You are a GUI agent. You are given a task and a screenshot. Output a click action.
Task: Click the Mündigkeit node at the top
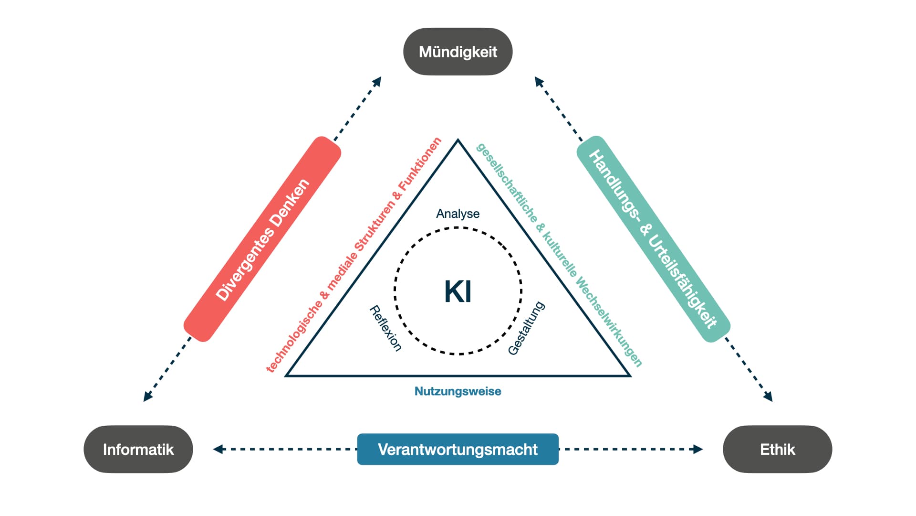[458, 52]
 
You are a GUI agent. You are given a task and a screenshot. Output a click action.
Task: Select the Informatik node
[138, 449]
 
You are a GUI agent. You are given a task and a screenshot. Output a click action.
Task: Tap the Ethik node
[777, 449]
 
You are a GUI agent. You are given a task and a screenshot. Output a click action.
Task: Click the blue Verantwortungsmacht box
[458, 449]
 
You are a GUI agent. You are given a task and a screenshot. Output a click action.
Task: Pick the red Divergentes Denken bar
[262, 239]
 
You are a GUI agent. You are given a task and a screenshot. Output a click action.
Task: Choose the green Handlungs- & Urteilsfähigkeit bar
[653, 239]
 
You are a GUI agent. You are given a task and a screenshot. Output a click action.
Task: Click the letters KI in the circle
[458, 291]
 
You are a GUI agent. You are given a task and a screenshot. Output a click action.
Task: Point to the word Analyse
[458, 214]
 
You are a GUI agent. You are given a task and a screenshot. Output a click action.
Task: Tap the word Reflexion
[385, 328]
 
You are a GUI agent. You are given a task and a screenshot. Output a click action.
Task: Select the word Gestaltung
[526, 328]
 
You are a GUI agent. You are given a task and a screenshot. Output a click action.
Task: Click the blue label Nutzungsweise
[458, 391]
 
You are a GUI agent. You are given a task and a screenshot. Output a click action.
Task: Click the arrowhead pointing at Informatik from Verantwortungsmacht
[218, 449]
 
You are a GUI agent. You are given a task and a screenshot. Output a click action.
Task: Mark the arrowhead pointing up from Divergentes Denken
[378, 81]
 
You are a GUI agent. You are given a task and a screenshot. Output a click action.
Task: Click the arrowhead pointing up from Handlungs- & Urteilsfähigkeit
[538, 81]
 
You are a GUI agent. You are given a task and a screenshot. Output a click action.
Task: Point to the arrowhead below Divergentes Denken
[147, 397]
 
